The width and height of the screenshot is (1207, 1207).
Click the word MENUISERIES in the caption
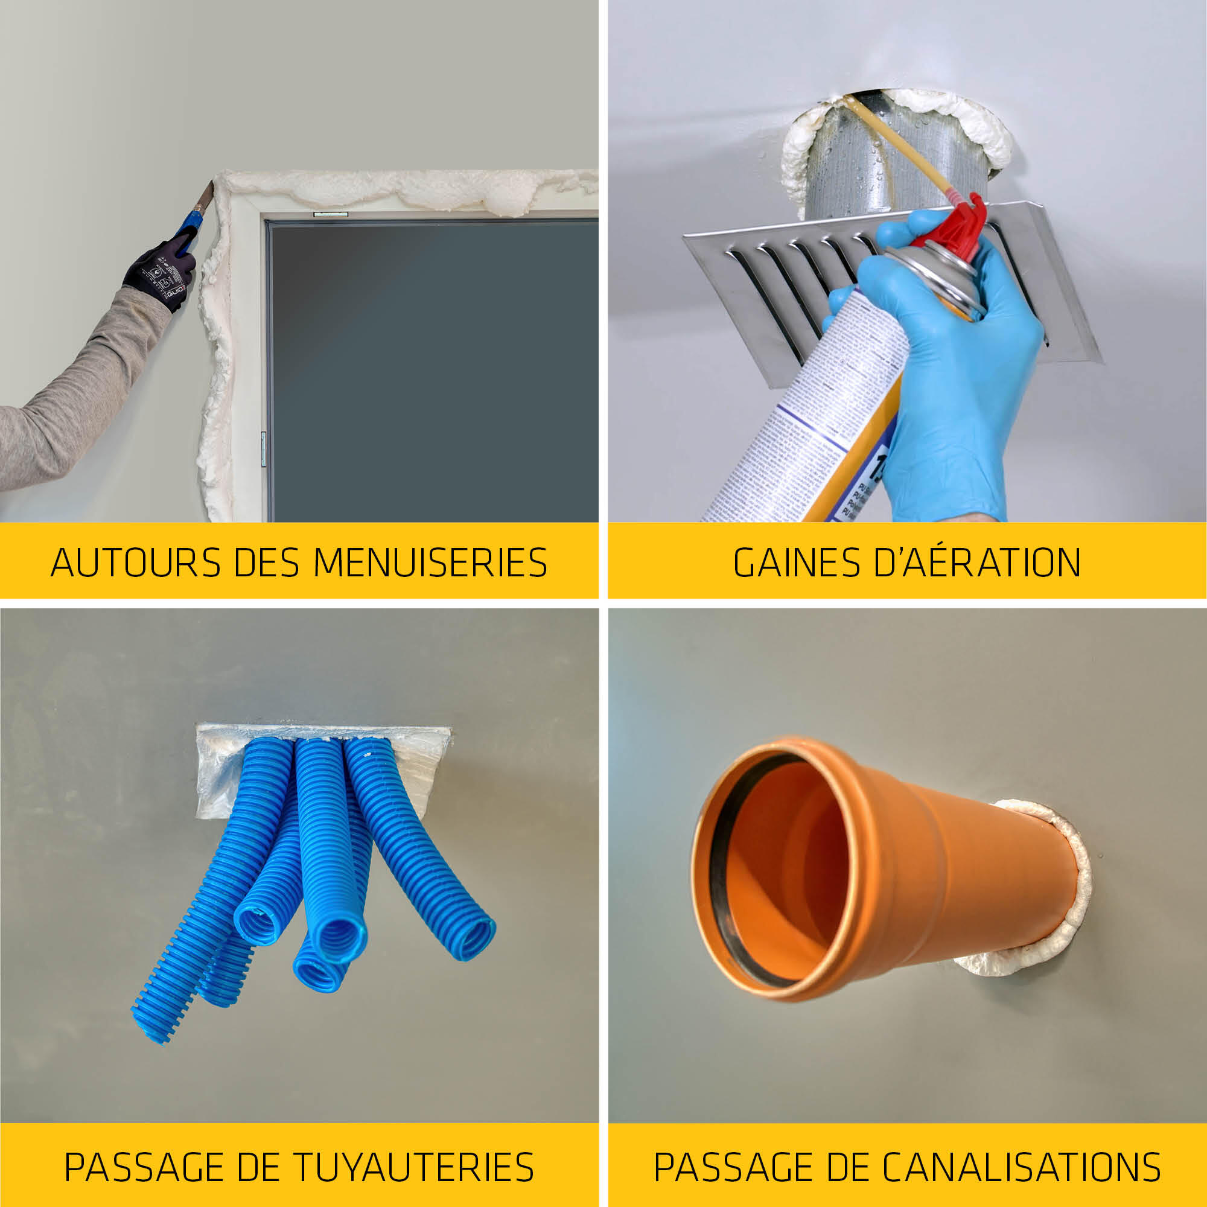[430, 562]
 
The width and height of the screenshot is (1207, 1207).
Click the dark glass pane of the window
[431, 369]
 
